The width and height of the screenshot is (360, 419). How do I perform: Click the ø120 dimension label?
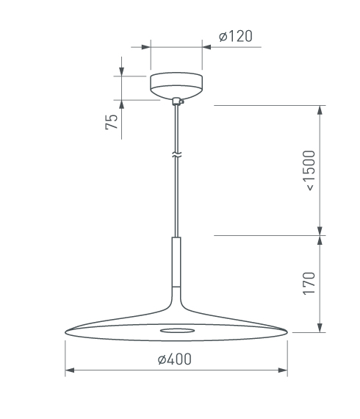(x=235, y=36)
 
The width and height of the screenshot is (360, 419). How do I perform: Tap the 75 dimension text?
(x=112, y=122)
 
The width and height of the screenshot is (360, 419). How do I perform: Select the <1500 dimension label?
(x=309, y=171)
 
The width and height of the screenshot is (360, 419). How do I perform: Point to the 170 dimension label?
(x=309, y=284)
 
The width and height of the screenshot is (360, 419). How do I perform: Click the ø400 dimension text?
(x=175, y=359)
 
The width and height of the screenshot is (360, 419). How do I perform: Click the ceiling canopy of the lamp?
(x=176, y=85)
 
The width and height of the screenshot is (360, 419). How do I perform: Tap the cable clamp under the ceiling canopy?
(x=178, y=101)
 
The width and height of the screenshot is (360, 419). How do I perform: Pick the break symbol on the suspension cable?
(x=176, y=154)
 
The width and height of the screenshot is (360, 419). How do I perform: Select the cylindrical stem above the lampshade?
(x=176, y=262)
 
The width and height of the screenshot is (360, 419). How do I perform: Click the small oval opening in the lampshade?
(x=177, y=331)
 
